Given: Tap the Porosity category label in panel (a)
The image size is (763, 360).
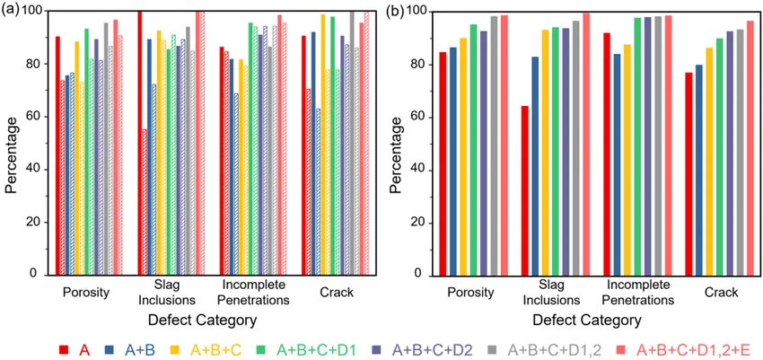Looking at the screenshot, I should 87,292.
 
